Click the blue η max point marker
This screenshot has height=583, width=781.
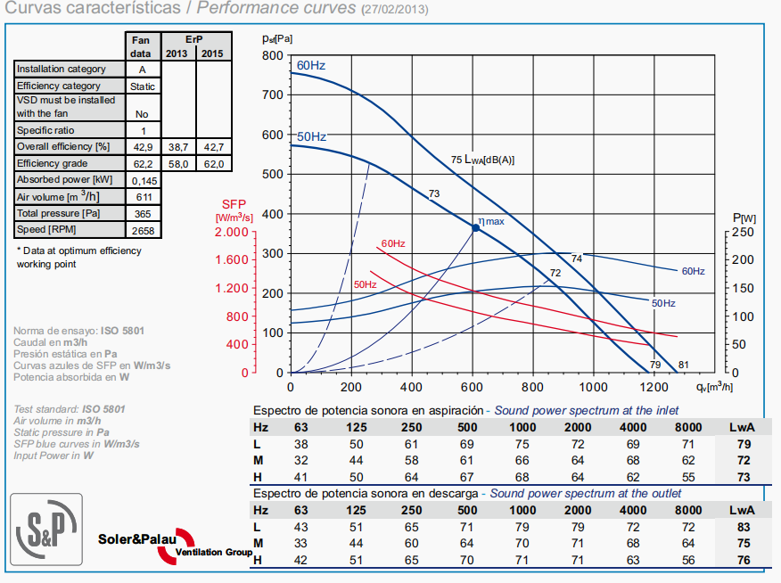click(x=475, y=228)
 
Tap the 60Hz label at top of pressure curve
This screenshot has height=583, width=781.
click(x=311, y=65)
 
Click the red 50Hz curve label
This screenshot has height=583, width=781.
click(x=366, y=284)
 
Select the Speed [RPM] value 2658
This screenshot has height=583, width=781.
click(x=142, y=231)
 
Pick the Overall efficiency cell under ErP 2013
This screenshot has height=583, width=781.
click(x=177, y=145)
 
